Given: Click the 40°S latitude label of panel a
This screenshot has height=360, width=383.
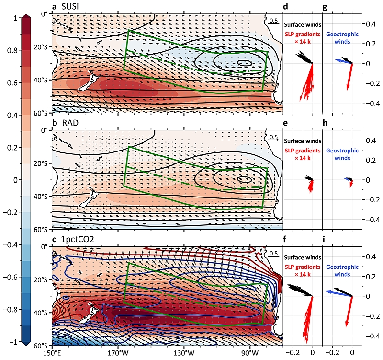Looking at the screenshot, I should (x=42, y=80).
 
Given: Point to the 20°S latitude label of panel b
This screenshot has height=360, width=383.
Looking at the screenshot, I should (x=42, y=163).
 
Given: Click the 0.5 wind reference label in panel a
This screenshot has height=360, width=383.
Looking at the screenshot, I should (x=273, y=21).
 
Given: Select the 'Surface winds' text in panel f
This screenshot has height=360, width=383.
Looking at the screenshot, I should (x=303, y=257).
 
